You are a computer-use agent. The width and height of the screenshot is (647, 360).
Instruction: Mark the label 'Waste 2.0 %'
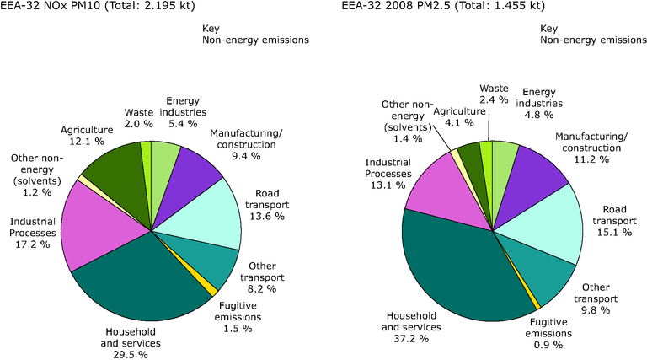[x=138, y=117]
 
